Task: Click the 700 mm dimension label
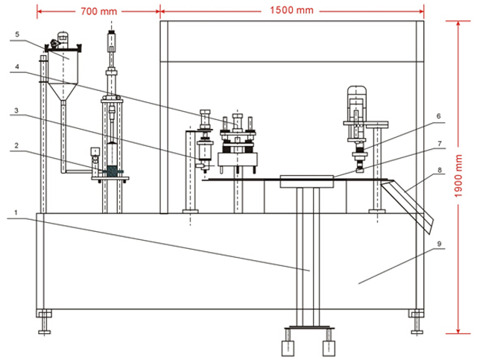point(98,11)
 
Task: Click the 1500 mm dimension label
point(292,11)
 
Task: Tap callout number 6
point(440,116)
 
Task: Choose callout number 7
point(440,143)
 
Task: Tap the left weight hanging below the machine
point(288,347)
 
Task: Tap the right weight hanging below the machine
point(327,347)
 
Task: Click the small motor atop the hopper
point(62,41)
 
